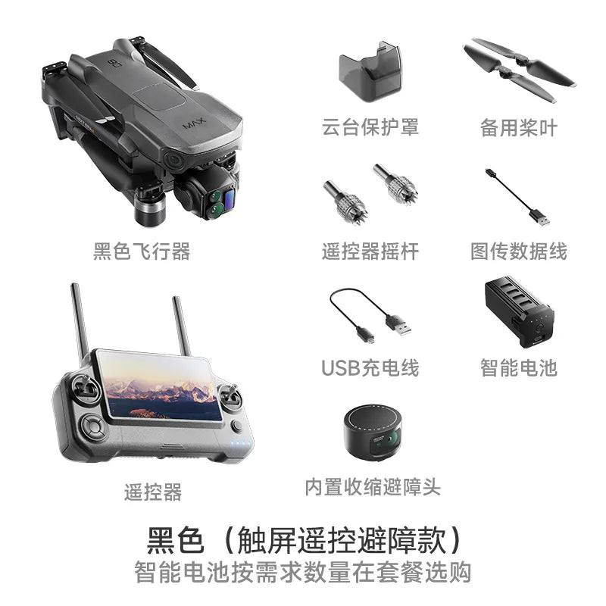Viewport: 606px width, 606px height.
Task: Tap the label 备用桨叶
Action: tap(518, 127)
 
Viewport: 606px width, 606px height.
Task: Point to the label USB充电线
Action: tap(370, 368)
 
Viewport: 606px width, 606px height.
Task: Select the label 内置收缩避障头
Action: tap(372, 486)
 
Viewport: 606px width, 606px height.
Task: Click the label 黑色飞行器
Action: tap(142, 251)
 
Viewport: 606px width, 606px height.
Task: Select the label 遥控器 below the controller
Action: tap(153, 492)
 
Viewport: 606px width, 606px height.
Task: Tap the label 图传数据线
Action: tap(518, 251)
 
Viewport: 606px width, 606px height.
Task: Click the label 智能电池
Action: tap(518, 368)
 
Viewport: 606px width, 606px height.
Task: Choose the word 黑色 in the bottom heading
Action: tap(175, 541)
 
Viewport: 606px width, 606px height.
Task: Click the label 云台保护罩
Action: tap(370, 127)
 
